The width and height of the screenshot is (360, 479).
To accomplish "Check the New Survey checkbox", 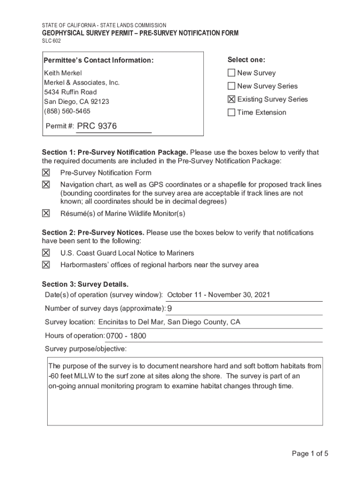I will (231, 73).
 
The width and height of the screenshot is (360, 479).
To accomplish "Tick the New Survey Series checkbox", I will (231, 86).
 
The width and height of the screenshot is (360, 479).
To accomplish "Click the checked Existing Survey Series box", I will (231, 99).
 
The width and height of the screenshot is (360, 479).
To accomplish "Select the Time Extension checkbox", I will (231, 112).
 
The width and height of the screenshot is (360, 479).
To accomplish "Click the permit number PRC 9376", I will (97, 126).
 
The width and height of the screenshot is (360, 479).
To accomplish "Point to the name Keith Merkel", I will (63, 73).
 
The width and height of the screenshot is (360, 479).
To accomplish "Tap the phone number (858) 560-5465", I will (67, 111).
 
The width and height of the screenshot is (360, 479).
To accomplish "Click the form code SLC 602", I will (51, 41).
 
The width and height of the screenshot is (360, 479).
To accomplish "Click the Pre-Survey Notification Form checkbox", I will (46, 173).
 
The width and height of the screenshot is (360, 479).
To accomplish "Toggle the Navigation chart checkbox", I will (46, 185).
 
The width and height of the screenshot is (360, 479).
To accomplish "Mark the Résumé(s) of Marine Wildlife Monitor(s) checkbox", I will (46, 213).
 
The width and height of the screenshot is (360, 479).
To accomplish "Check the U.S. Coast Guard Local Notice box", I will (46, 253).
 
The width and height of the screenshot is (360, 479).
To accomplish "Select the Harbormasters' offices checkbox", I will (46, 265).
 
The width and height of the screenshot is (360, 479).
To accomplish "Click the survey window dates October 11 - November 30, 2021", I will (218, 295).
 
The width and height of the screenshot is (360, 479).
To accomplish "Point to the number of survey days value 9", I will (170, 309).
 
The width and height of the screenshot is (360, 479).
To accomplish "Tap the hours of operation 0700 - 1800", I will (126, 336).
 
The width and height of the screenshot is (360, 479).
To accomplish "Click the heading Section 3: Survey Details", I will (85, 284).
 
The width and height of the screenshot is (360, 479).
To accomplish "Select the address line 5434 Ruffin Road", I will (70, 92).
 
